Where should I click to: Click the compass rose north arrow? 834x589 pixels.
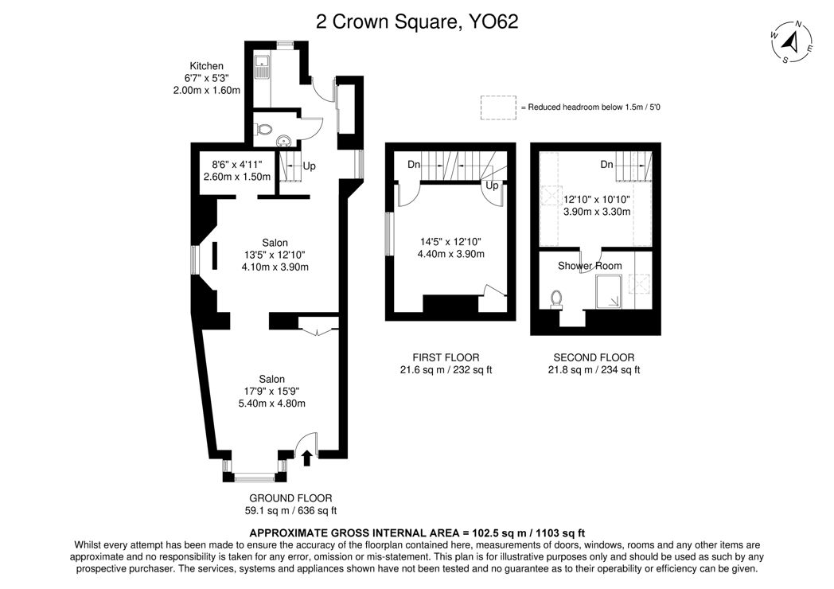[792, 41]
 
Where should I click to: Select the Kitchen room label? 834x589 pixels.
[206, 66]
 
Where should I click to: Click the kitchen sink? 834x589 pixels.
[262, 68]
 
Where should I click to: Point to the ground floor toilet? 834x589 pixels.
[264, 129]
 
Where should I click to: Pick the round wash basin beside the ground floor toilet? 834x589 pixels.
[283, 140]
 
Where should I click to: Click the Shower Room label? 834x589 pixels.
[590, 266]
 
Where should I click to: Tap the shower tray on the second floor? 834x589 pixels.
[608, 291]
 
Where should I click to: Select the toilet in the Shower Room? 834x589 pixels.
[556, 299]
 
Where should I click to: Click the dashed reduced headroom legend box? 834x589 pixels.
[498, 107]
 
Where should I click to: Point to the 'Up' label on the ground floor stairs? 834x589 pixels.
[309, 166]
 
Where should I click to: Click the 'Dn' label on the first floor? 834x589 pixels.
[414, 165]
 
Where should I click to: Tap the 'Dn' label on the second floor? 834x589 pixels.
[606, 165]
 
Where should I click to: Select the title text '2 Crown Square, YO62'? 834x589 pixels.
[417, 21]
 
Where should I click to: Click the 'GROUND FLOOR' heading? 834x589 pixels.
[290, 498]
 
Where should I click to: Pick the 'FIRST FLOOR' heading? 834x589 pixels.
[446, 357]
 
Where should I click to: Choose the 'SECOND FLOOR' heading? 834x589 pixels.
[594, 357]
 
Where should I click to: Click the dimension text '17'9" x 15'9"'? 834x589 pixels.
[272, 391]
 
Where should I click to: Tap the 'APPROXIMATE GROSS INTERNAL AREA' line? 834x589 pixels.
[417, 532]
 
